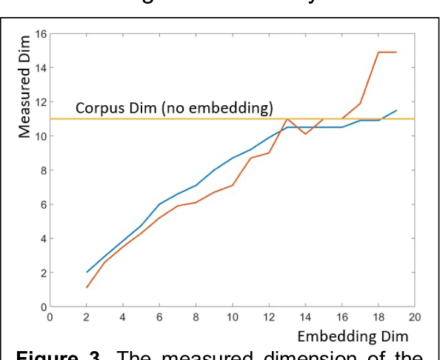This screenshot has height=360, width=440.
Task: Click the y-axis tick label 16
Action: (x=41, y=34)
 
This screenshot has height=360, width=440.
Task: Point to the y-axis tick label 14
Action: (x=41, y=68)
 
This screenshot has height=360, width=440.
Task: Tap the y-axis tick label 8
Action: (x=43, y=170)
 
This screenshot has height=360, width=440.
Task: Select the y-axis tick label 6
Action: (x=43, y=204)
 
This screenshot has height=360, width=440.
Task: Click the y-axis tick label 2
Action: (x=43, y=273)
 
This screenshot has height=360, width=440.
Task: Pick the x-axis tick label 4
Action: (x=123, y=317)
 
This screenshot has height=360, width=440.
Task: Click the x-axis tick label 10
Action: (x=232, y=317)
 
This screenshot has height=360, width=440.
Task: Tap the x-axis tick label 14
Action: (x=305, y=317)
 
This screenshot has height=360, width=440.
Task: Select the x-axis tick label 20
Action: (x=415, y=317)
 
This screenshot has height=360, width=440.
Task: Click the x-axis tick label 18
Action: (x=378, y=317)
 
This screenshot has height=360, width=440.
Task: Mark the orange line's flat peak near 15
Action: (x=387, y=53)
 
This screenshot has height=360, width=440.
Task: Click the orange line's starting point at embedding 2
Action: (x=87, y=287)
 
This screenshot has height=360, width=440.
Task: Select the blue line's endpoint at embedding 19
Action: (x=396, y=110)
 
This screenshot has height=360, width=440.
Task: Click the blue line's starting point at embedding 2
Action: (x=87, y=272)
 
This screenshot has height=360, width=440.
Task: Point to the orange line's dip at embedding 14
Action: (x=305, y=134)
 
